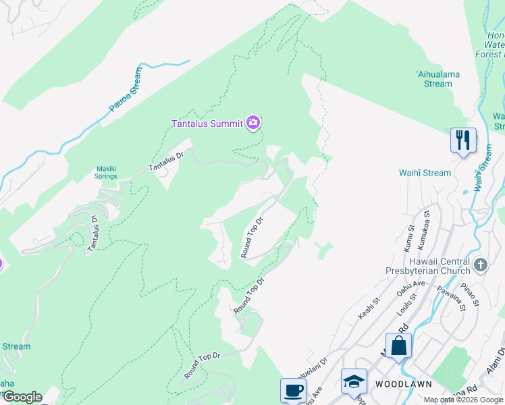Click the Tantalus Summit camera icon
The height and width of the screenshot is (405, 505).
pyautogui.click(x=253, y=122)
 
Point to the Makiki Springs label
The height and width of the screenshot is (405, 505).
pyautogui.click(x=105, y=172)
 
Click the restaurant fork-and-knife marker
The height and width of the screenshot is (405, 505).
pyautogui.click(x=463, y=140)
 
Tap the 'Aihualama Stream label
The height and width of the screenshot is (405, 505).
pyautogui.click(x=433, y=79)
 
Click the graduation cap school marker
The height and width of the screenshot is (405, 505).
pyautogui.click(x=354, y=381)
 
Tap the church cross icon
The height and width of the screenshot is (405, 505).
pyautogui.click(x=480, y=264)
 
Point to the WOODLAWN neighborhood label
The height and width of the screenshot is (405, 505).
pyautogui.click(x=399, y=383)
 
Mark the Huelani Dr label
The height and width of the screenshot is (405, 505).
pyautogui.click(x=313, y=368)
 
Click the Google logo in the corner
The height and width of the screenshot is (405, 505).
pyautogui.click(x=22, y=397)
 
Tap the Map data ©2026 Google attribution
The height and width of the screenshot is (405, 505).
pyautogui.click(x=463, y=400)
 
